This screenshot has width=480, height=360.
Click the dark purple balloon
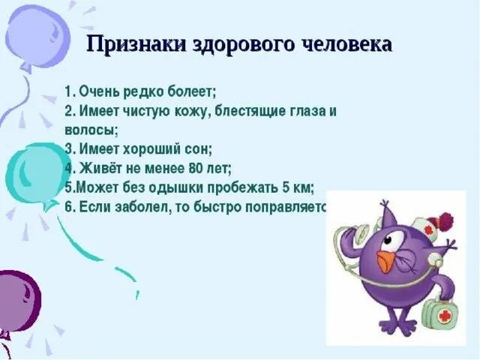click(16, 300)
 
